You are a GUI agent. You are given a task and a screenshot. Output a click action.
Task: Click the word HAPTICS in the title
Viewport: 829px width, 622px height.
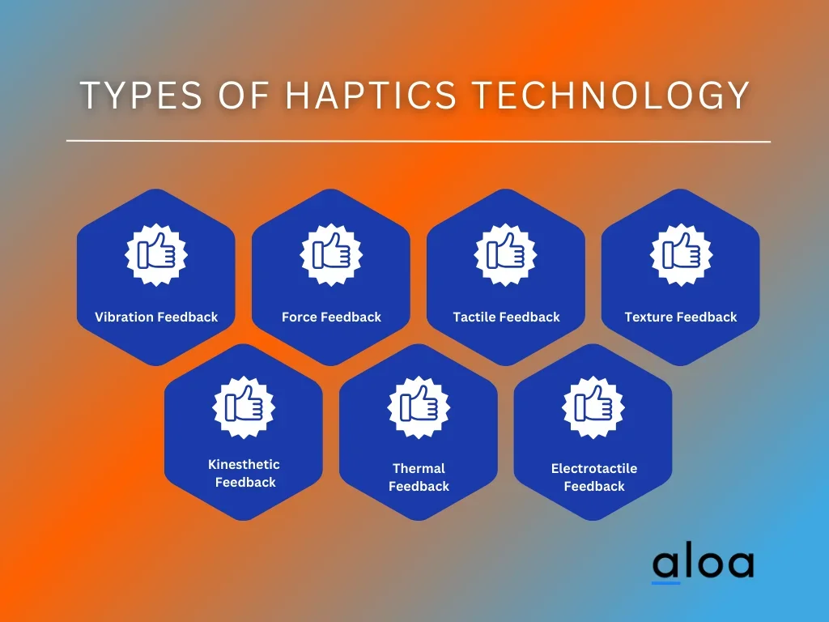(371, 96)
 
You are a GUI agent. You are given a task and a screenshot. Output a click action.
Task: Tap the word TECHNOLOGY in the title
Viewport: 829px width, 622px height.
(610, 96)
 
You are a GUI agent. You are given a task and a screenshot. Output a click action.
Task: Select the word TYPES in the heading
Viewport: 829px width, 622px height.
(141, 96)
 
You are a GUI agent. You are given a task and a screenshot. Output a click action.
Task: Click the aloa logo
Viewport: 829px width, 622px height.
(703, 564)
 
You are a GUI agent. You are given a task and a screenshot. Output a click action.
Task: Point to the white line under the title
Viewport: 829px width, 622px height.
(419, 141)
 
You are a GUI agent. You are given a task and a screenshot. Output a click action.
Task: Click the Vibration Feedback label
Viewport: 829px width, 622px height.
(156, 317)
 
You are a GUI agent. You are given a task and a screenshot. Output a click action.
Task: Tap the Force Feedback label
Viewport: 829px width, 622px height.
(331, 317)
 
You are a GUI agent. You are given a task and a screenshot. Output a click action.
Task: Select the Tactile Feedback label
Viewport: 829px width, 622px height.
(507, 317)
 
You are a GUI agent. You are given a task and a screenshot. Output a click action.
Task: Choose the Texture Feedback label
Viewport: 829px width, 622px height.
(681, 317)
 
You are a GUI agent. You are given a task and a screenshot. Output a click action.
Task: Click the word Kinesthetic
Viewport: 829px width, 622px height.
(244, 464)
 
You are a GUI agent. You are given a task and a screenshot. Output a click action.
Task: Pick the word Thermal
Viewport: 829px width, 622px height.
(419, 468)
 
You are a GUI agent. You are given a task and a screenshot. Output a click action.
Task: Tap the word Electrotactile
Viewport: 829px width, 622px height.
(594, 468)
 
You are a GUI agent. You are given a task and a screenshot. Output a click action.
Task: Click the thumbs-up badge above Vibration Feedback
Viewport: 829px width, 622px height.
(156, 254)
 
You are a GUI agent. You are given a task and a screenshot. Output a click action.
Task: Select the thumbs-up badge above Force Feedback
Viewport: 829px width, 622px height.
(331, 254)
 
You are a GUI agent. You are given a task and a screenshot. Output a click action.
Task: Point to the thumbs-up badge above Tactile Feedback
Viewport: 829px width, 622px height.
(506, 254)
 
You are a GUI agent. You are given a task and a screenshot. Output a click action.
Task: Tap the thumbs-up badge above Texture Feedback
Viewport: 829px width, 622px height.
(681, 254)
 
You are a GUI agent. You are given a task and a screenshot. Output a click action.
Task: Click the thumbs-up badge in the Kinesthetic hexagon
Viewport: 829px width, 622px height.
(244, 407)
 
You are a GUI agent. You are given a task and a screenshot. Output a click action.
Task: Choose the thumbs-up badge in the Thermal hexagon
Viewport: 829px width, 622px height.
(419, 407)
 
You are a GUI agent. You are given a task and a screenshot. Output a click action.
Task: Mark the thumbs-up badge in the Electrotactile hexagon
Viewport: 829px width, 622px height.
(593, 407)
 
